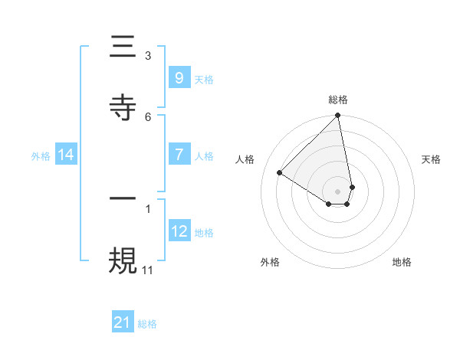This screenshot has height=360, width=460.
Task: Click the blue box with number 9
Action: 179,77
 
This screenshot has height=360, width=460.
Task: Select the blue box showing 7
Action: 179,155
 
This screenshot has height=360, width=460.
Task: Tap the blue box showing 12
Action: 179,231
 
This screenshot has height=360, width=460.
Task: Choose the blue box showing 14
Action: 66,155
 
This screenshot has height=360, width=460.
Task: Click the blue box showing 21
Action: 123,322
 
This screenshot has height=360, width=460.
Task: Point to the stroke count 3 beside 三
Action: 148,55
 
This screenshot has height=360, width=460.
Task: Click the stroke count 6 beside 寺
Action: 148,116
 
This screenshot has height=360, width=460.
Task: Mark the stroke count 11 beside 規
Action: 148,270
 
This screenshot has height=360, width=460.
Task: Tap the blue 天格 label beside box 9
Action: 204,80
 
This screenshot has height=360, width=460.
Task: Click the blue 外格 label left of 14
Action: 41,156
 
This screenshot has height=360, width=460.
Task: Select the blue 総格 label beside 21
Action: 147,324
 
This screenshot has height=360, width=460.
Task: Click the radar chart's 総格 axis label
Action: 338,100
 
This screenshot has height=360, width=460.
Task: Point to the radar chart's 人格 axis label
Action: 245,159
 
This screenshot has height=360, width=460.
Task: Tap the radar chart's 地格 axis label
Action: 402,262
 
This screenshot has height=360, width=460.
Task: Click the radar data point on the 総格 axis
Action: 337,116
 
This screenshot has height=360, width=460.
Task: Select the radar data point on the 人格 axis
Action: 280,173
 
